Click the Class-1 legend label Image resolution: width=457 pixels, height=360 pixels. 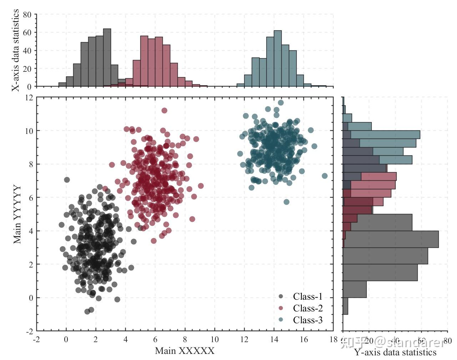click(x=307, y=296)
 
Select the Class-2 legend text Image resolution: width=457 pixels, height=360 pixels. click(x=307, y=308)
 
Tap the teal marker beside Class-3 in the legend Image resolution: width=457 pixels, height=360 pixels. click(x=281, y=320)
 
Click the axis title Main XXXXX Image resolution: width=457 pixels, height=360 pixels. click(x=185, y=351)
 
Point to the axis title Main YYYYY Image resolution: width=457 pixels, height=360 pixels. click(x=17, y=214)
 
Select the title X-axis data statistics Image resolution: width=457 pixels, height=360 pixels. click(x=15, y=50)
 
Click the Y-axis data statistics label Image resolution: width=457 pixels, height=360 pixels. click(x=395, y=352)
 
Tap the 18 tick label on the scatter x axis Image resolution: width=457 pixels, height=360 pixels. click(x=333, y=340)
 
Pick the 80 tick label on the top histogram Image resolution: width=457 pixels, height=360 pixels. click(x=27, y=15)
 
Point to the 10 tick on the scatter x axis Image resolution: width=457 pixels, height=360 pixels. click(x=214, y=340)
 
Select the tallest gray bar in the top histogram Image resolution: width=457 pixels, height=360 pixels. click(x=107, y=57)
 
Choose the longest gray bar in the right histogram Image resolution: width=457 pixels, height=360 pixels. click(x=391, y=239)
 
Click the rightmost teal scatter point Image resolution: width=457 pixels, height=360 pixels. click(x=325, y=176)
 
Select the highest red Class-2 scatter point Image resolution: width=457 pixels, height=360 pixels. click(x=164, y=110)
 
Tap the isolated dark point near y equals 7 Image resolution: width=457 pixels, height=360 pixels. click(x=67, y=180)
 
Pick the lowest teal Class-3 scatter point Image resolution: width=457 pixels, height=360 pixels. click(x=286, y=202)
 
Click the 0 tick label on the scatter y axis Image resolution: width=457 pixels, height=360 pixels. click(x=31, y=298)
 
